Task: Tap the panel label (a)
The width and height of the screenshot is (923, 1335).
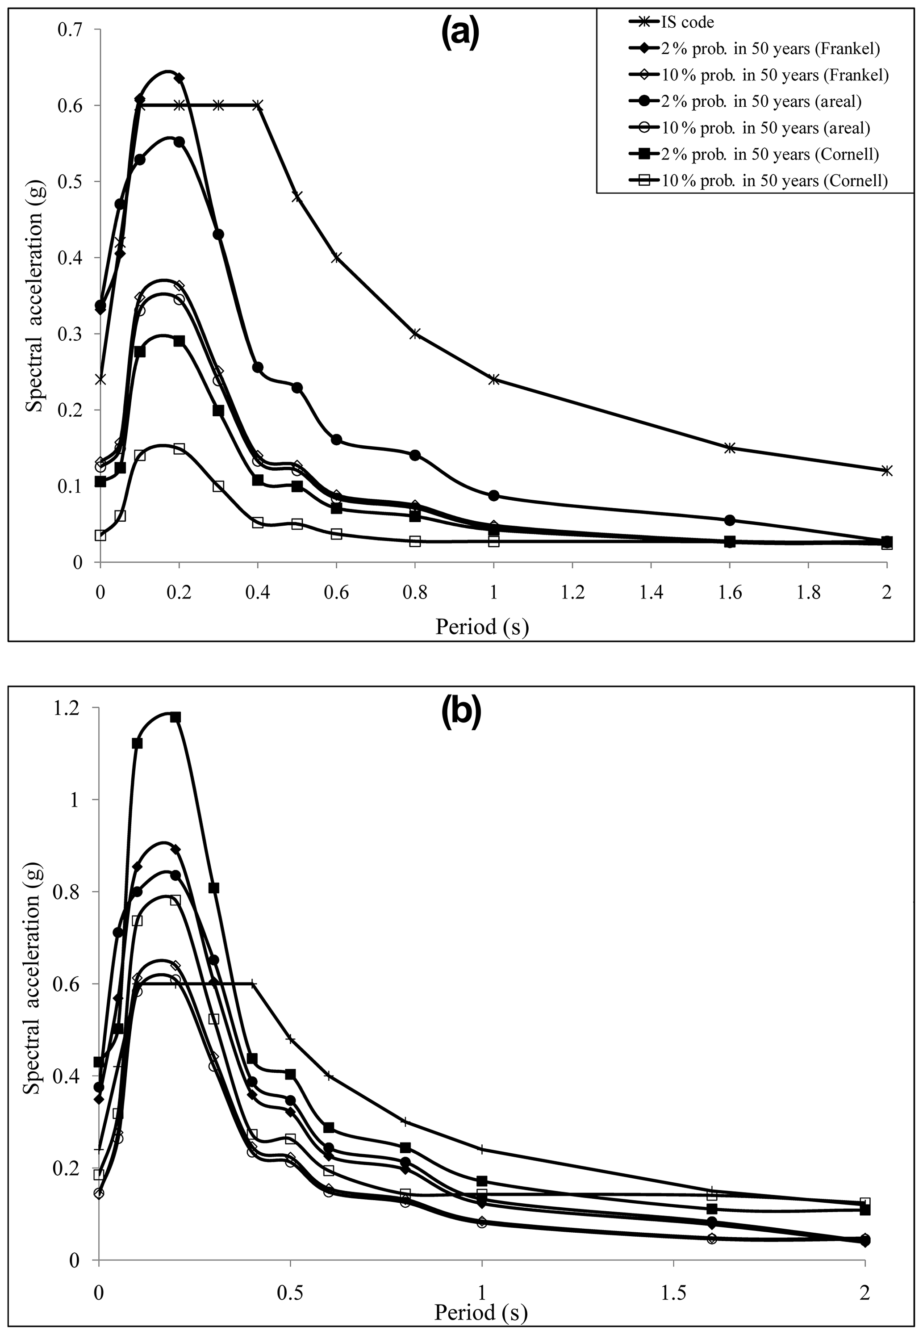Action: [460, 35]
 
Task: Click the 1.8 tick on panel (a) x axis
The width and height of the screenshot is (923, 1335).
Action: [809, 594]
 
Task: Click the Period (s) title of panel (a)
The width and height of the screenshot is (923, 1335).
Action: [482, 627]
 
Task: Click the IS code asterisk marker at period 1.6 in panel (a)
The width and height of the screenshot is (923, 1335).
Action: [730, 448]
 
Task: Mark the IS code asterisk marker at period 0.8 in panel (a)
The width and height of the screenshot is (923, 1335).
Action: [415, 334]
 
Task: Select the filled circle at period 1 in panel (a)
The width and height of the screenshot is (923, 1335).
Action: [494, 496]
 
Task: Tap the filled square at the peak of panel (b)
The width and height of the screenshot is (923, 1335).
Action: [176, 717]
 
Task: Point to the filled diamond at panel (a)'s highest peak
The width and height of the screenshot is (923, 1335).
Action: [179, 78]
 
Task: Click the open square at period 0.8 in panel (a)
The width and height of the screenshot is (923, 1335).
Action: [415, 541]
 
